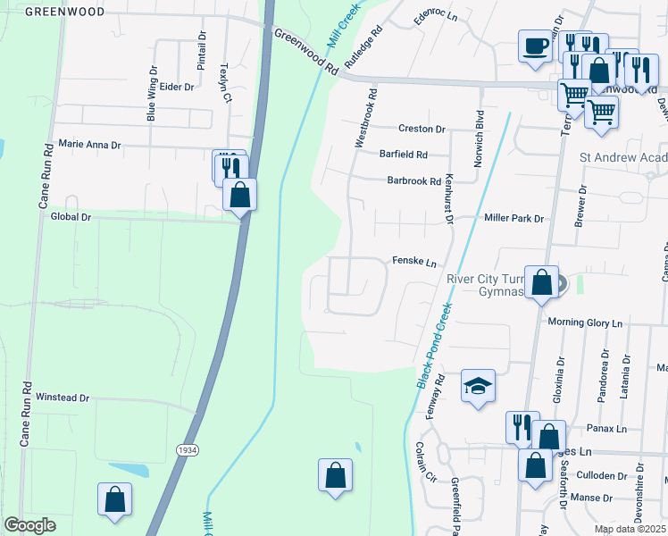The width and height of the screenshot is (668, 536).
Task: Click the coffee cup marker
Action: tap(535, 45)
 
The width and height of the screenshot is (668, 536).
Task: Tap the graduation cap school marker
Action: tap(478, 387)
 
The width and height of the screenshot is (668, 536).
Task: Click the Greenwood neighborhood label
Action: tap(65, 12)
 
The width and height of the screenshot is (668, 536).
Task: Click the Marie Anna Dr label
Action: tap(88, 144)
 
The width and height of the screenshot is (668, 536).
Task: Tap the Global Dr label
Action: tap(71, 216)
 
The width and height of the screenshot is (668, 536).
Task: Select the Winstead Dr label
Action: tap(63, 398)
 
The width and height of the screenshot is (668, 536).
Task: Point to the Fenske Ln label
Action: tap(414, 262)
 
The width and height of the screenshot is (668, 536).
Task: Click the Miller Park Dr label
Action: tap(514, 218)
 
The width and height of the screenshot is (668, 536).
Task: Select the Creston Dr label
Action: tap(422, 130)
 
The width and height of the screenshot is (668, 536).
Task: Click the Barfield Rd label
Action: tap(404, 154)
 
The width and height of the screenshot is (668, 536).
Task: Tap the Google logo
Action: tap(29, 525)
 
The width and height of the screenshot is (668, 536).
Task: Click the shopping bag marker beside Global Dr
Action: tap(240, 194)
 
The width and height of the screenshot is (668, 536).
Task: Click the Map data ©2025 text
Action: tap(629, 529)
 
